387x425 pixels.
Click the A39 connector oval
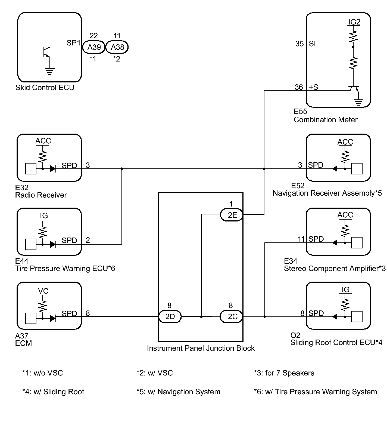coord(94,47)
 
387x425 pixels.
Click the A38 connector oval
coord(117,47)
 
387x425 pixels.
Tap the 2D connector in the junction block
coord(170,317)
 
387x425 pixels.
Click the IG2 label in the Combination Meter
coord(354,22)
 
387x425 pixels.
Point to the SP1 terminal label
coord(74,43)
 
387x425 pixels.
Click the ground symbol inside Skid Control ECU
coord(50,71)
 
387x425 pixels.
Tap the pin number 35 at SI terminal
coord(299,44)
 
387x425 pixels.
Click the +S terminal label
coord(314,87)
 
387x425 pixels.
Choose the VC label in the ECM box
coord(43,291)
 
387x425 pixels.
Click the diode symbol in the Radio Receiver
coord(53,169)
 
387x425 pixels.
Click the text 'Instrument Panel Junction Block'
coord(201,348)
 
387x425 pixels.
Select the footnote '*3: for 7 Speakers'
coord(284,373)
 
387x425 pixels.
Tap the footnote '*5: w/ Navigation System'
coord(178,392)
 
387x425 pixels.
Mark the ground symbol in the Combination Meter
coord(359,102)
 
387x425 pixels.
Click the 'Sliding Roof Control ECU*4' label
coord(336,343)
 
